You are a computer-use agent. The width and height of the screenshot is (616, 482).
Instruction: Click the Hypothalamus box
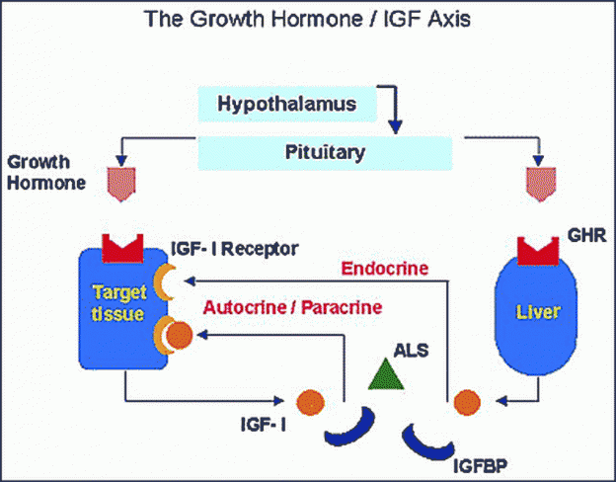287,104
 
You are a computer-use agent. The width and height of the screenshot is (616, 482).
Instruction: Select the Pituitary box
325,153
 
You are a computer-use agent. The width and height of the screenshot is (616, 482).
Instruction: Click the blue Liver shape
536,314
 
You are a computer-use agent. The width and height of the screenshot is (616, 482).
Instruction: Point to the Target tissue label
119,302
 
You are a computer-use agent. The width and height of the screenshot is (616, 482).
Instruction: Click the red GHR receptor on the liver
538,251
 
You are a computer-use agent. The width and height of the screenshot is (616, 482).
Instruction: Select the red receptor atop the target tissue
122,249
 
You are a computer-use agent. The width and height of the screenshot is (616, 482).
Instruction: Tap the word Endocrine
385,269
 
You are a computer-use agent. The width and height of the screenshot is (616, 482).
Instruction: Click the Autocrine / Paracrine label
292,307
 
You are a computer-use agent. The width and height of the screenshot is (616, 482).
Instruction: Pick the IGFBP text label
480,466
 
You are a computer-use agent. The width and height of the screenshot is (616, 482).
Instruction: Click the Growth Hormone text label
46,173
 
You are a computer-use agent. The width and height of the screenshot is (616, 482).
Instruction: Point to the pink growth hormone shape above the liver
541,184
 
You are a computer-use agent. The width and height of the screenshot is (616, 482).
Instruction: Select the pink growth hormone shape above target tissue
121,184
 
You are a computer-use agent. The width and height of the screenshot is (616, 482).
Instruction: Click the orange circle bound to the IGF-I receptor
180,335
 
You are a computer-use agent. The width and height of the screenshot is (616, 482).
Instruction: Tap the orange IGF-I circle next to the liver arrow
467,402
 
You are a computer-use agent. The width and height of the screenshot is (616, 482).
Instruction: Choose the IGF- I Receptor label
235,249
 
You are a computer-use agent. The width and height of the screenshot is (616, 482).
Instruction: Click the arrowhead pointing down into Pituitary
395,127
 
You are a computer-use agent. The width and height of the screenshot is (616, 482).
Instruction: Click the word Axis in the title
448,19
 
